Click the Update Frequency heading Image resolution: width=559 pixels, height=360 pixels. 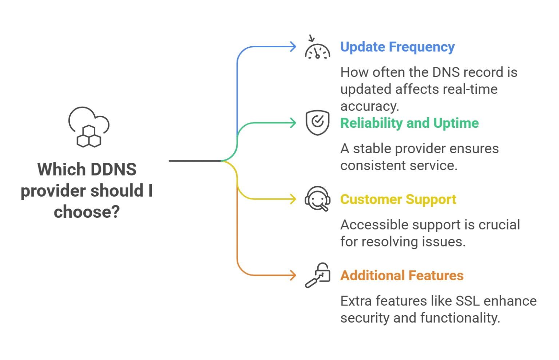click(x=397, y=47)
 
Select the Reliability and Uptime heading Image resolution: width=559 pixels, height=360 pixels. click(x=409, y=123)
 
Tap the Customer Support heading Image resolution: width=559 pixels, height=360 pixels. click(x=398, y=199)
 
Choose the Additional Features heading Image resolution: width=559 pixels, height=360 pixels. click(x=401, y=276)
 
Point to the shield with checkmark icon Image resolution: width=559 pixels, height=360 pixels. click(x=317, y=123)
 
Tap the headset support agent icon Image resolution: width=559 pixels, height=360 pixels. click(x=317, y=199)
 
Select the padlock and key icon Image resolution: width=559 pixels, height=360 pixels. click(x=318, y=275)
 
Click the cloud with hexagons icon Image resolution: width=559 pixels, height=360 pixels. click(x=89, y=127)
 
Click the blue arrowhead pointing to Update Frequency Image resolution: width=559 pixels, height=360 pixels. click(x=293, y=47)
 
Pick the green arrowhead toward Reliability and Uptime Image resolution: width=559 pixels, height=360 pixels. click(x=293, y=123)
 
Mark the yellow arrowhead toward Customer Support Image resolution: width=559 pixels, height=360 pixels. click(x=293, y=199)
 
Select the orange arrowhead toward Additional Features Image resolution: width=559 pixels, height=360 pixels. click(x=293, y=276)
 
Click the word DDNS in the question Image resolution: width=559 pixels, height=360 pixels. click(x=113, y=170)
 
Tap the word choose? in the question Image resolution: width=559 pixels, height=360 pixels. click(x=87, y=212)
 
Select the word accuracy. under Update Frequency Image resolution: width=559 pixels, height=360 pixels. click(x=369, y=106)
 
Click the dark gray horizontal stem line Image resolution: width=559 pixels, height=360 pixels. click(x=195, y=161)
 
